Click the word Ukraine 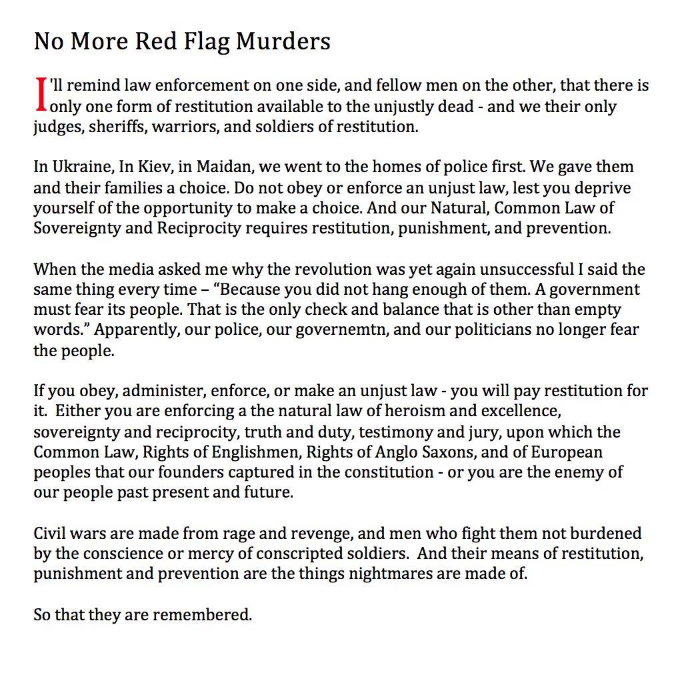(79, 166)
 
